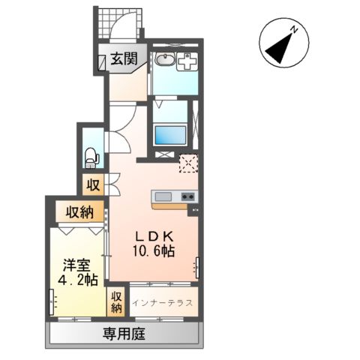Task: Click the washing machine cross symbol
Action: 186,64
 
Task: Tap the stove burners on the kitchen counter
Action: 187,197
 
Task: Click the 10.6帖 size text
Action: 156,251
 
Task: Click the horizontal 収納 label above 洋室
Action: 78,211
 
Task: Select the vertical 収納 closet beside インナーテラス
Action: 117,301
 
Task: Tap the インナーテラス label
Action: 163,303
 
